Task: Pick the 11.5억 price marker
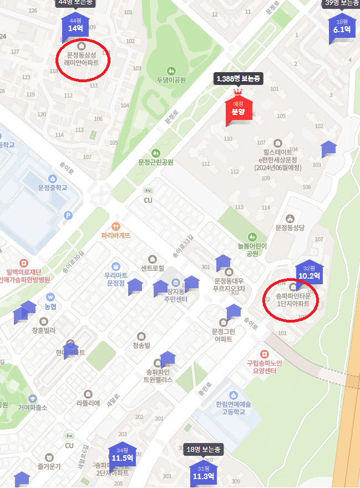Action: click(x=122, y=457)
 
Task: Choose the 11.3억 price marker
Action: click(x=204, y=475)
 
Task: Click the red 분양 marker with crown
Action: click(x=238, y=109)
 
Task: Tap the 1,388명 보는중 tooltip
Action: click(x=238, y=79)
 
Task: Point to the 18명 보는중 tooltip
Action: click(x=204, y=449)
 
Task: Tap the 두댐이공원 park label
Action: click(x=170, y=80)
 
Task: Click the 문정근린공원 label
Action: click(x=156, y=162)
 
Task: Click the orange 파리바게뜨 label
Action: click(x=116, y=235)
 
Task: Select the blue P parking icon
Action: click(x=68, y=215)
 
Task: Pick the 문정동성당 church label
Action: click(x=291, y=228)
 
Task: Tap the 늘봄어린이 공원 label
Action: click(x=252, y=249)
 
